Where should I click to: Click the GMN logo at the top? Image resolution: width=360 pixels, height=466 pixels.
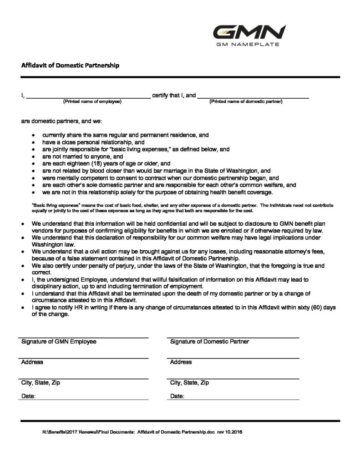[249, 32]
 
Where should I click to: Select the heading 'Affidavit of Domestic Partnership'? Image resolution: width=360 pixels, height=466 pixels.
[71, 65]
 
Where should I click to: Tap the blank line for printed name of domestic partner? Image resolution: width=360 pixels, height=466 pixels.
[253, 96]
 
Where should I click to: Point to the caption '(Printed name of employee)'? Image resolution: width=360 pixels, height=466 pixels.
[92, 101]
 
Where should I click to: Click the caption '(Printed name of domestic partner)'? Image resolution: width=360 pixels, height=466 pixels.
[246, 101]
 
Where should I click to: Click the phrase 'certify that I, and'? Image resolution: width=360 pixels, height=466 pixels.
[174, 96]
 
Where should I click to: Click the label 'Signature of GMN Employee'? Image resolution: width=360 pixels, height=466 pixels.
[59, 342]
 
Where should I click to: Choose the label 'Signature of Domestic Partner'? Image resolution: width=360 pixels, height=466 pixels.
[210, 342]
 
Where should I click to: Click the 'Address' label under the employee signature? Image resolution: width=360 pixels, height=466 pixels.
[32, 362]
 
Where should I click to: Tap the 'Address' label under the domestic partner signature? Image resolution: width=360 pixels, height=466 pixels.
[181, 362]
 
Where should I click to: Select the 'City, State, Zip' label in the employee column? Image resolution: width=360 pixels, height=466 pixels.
[41, 383]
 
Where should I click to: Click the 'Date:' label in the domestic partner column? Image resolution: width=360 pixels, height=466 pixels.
[177, 396]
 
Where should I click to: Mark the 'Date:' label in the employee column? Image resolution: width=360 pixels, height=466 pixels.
[28, 396]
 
